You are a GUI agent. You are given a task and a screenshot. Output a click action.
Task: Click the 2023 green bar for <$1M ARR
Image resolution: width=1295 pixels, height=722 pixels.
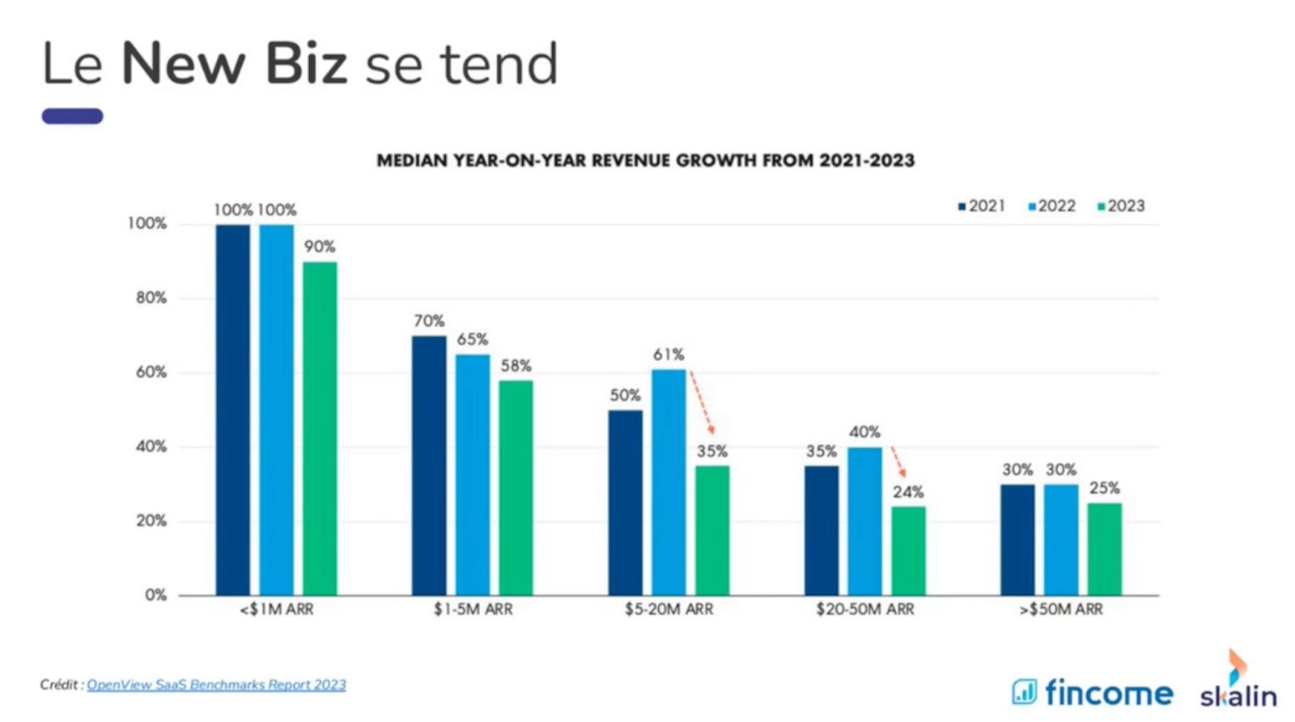tap(320, 428)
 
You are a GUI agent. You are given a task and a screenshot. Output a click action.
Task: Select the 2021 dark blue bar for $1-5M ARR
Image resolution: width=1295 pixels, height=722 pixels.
tap(429, 465)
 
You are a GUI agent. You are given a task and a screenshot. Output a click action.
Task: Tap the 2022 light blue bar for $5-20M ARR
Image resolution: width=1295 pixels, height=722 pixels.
tap(669, 482)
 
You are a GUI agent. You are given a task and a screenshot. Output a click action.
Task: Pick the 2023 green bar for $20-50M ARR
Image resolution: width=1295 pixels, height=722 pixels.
tap(908, 551)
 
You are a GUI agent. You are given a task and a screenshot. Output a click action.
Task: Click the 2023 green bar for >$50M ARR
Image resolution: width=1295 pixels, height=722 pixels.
tap(1104, 549)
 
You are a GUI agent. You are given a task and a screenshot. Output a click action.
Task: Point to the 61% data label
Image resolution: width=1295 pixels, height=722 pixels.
tap(669, 355)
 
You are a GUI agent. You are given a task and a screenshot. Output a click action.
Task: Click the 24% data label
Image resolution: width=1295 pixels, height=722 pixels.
tap(908, 492)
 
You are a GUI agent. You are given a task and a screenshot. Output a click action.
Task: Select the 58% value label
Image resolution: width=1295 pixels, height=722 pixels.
tap(516, 365)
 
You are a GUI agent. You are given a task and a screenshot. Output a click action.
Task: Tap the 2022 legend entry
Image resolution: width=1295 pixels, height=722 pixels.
tap(1051, 206)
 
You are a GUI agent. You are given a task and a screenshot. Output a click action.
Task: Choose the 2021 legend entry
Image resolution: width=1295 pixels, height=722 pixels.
tap(982, 206)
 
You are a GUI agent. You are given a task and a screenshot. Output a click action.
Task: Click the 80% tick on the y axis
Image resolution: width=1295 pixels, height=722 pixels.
tap(151, 298)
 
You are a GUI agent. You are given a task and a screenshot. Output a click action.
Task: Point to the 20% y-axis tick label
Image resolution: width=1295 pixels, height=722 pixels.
tap(151, 520)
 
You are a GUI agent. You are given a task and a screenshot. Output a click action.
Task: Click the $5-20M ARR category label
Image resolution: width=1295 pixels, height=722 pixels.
tap(669, 609)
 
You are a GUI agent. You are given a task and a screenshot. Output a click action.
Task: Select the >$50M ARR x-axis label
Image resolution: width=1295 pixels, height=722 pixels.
tap(1061, 609)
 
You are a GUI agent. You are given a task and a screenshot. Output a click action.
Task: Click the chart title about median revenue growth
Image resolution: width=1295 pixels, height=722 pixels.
tap(645, 160)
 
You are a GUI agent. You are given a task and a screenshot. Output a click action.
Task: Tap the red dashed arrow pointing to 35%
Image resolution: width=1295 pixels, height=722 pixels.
tap(702, 402)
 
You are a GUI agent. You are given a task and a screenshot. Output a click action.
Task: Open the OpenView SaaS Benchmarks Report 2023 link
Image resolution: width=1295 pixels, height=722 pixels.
tap(216, 685)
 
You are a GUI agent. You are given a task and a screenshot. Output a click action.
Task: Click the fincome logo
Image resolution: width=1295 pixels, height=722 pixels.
tap(1092, 692)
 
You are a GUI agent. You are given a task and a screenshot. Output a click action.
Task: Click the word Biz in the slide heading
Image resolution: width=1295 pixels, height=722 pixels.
tap(307, 64)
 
